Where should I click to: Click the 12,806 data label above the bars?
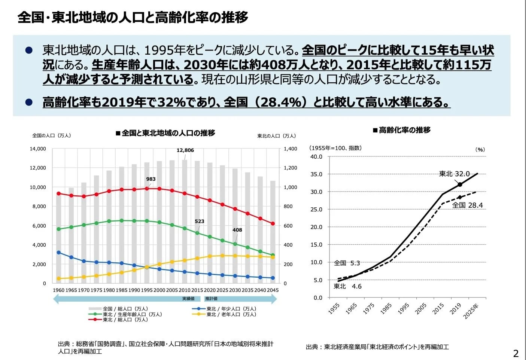[185, 150]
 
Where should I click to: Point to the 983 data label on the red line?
[151, 179]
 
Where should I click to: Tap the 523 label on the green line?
[200, 222]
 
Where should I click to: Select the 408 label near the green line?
[237, 230]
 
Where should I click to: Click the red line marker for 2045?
[273, 224]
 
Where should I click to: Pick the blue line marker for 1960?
[58, 253]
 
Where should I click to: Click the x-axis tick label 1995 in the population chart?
[147, 290]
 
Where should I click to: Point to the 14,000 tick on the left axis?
[38, 149]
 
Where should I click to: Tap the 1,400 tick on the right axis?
[291, 149]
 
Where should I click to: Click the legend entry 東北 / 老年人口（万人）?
[231, 314]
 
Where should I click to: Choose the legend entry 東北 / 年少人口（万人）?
[231, 309]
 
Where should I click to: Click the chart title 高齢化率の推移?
[404, 130]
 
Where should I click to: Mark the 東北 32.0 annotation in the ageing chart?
[454, 174]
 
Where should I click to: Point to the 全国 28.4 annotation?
[467, 205]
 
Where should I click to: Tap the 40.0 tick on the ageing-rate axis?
[316, 157]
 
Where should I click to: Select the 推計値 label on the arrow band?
[211, 299]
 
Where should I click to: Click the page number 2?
[516, 353]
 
